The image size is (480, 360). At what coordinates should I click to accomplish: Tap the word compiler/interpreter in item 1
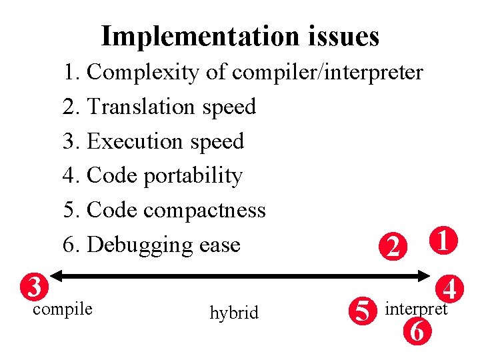pos(327,72)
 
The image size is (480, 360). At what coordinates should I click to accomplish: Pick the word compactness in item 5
pos(205,211)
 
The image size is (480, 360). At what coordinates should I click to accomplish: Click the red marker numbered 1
pos(443,241)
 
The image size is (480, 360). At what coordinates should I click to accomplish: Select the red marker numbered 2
pos(394,247)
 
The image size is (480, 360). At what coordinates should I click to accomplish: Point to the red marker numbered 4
pos(451,289)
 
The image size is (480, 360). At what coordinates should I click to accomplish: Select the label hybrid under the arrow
pos(234,313)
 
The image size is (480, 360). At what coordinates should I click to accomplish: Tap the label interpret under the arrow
pos(416,309)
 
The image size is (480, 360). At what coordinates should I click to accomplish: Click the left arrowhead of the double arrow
pos(55,275)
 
